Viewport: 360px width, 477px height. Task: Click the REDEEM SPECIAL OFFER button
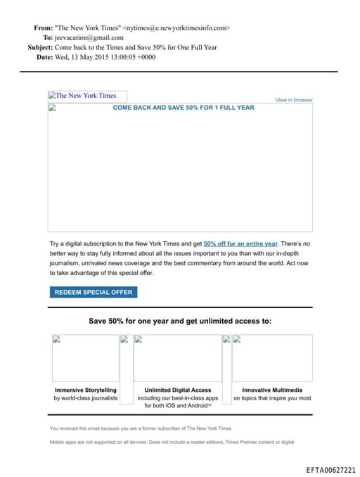pyautogui.click(x=93, y=292)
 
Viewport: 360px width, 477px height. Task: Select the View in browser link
pyautogui.click(x=294, y=100)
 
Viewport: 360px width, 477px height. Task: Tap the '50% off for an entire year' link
pyautogui.click(x=240, y=243)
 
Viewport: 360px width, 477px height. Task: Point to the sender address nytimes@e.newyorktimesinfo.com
pyautogui.click(x=176, y=28)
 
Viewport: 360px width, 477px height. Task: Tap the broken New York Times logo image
pyautogui.click(x=82, y=96)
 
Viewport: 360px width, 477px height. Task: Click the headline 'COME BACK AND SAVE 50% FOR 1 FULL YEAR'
pyautogui.click(x=184, y=108)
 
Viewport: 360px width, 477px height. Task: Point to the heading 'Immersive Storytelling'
pyautogui.click(x=86, y=390)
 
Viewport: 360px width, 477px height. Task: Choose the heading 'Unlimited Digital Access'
pyautogui.click(x=178, y=390)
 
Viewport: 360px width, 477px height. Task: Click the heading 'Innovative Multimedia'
pyautogui.click(x=272, y=390)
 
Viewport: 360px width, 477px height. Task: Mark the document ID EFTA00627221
pyautogui.click(x=331, y=470)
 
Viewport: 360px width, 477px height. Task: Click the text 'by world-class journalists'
pyautogui.click(x=86, y=398)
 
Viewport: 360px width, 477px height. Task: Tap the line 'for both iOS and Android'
pyautogui.click(x=178, y=406)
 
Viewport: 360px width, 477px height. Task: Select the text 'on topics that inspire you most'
pyautogui.click(x=272, y=398)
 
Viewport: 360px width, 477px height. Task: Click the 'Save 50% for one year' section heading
pyautogui.click(x=180, y=321)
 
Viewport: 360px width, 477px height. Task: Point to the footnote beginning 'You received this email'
pyautogui.click(x=141, y=428)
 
